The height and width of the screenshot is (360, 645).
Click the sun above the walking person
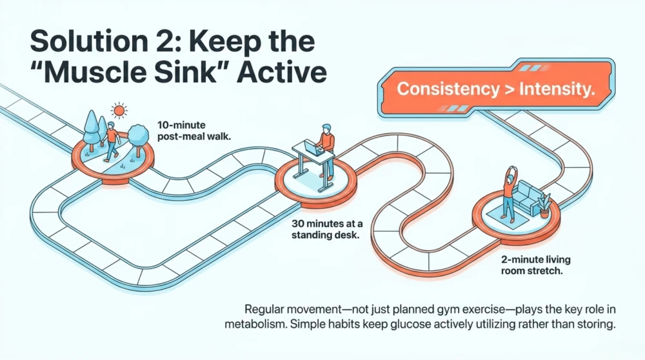[x=119, y=110]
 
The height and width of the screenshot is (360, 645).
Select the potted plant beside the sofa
[x=544, y=205]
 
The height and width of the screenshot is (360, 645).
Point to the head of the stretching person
[x=510, y=179]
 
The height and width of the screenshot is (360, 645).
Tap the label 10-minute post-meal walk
[x=193, y=130]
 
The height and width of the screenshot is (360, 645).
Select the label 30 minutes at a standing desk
[x=327, y=229]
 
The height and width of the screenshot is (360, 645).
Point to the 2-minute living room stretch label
[x=535, y=265]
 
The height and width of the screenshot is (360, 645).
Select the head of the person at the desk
[x=326, y=128]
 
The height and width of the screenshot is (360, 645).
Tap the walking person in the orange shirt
[x=110, y=141]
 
